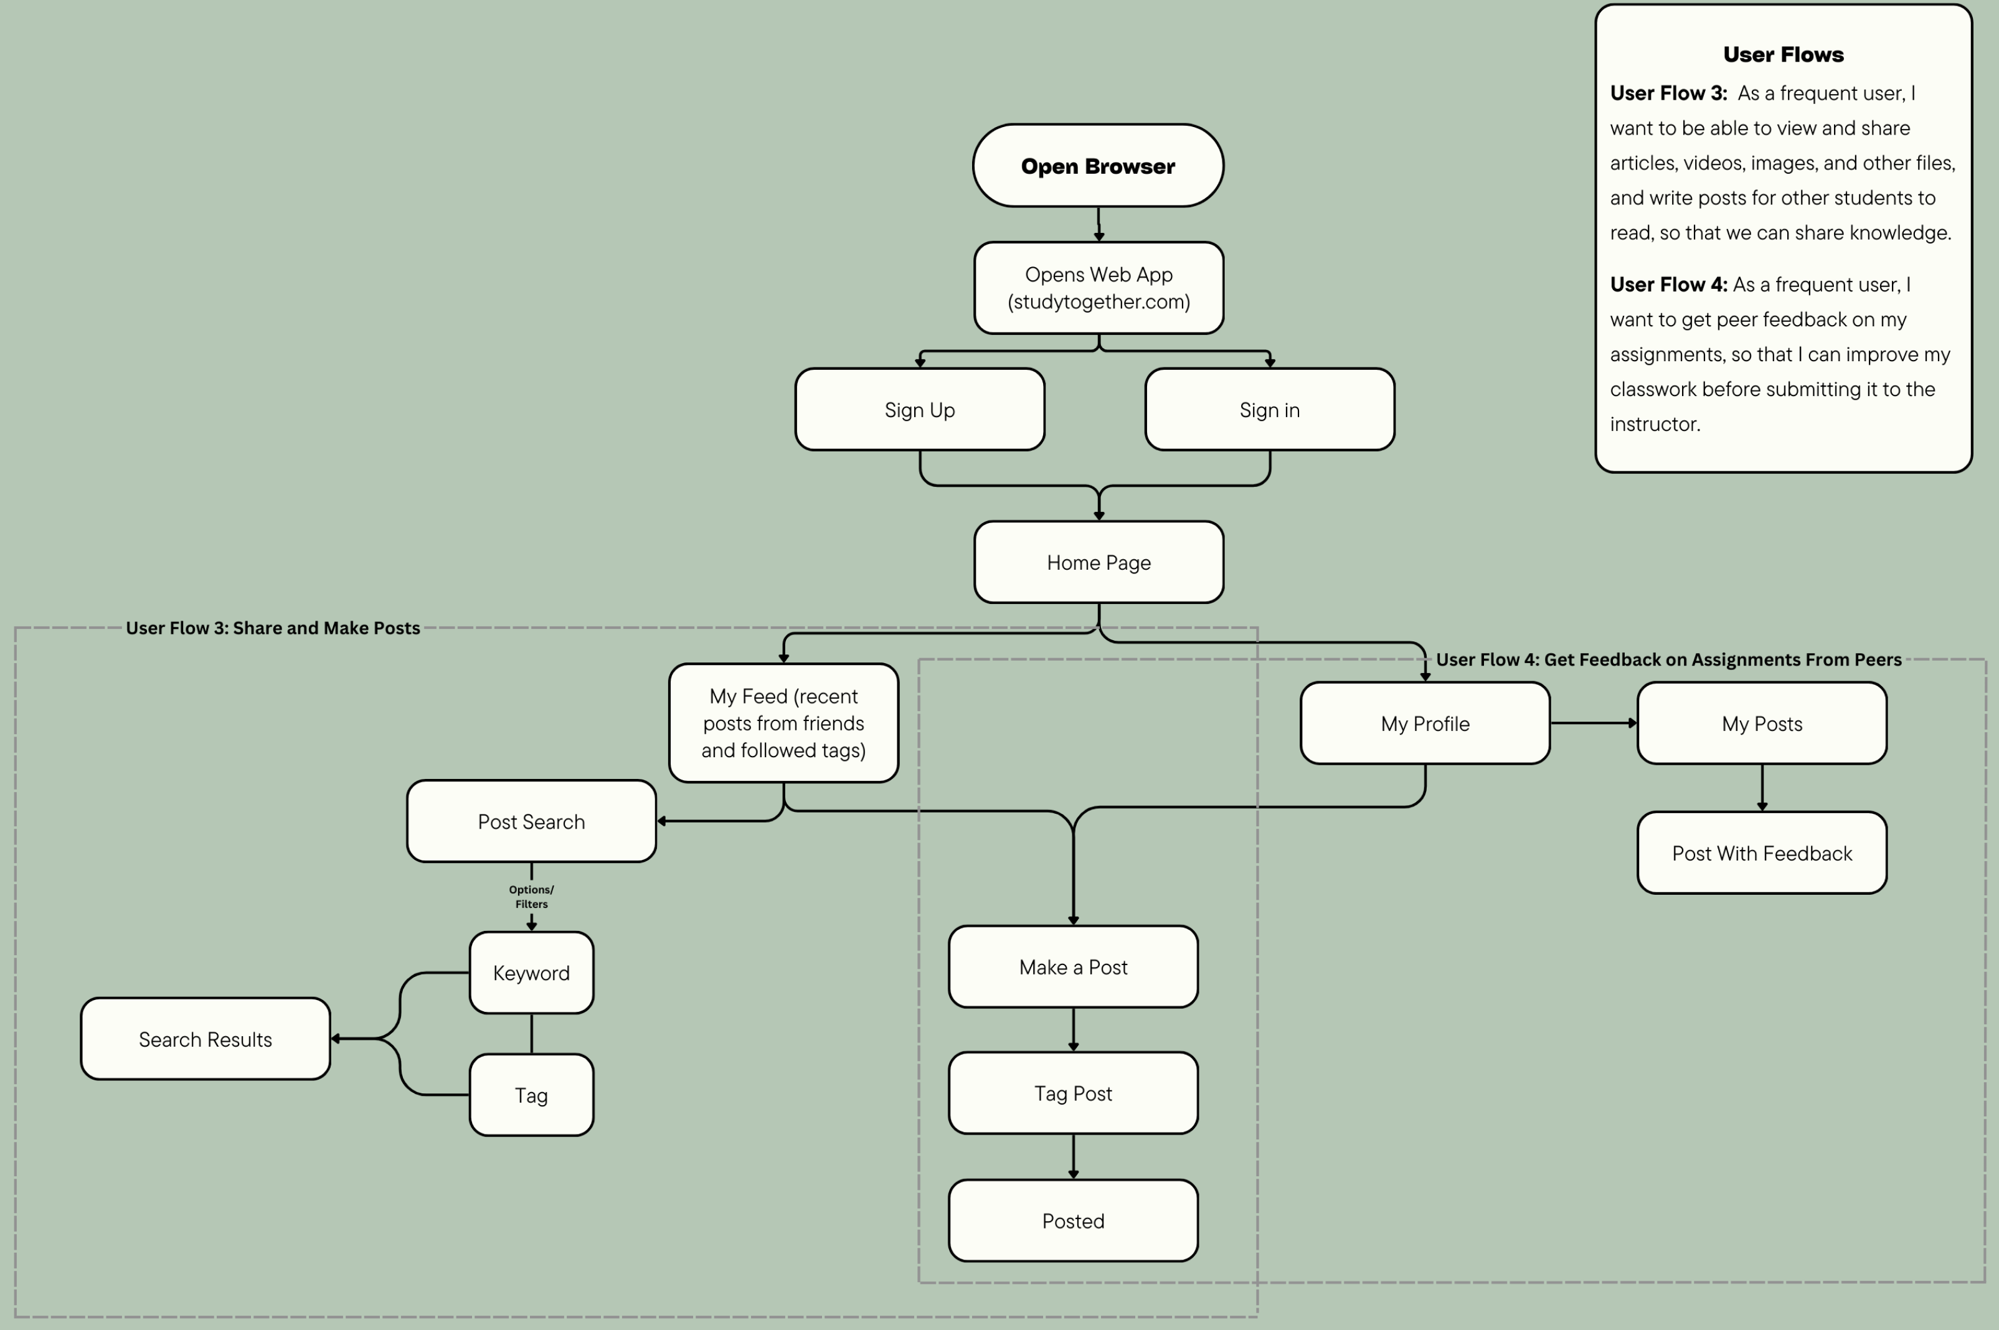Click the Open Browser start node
tap(1097, 166)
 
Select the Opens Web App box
tap(1099, 288)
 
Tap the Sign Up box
tap(919, 410)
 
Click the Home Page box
tap(1099, 562)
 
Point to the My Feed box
tap(783, 723)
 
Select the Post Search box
tap(531, 821)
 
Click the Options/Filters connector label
tap(531, 897)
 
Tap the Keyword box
tap(531, 973)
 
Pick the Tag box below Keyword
tap(531, 1095)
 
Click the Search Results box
tap(206, 1039)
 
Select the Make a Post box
tap(1073, 967)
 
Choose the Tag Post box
tap(1073, 1093)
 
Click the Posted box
tap(1073, 1220)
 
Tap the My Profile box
tap(1425, 724)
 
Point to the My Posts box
tap(1762, 724)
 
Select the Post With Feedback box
tap(1762, 853)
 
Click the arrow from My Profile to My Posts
tap(1593, 724)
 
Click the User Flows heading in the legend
tap(1783, 54)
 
